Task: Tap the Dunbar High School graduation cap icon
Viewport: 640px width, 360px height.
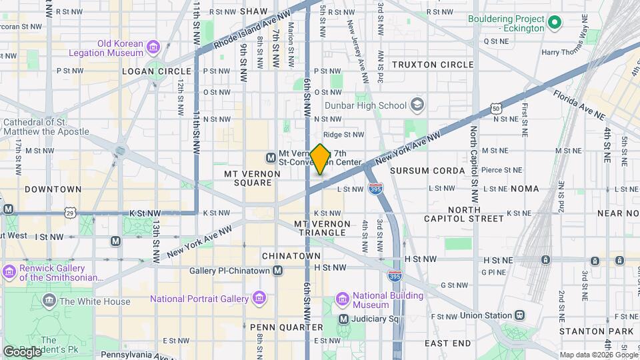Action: point(417,105)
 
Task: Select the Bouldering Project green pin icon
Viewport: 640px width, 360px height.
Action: point(554,25)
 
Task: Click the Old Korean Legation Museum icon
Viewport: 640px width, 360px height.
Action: point(154,48)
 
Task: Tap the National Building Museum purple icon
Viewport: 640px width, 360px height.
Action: point(343,298)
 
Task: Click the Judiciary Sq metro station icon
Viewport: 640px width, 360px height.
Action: point(343,319)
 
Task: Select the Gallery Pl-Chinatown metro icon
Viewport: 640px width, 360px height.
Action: point(278,270)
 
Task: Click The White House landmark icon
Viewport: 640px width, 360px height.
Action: point(49,301)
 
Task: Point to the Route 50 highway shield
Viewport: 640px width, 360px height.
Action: point(495,108)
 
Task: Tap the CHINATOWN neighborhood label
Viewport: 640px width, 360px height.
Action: point(291,256)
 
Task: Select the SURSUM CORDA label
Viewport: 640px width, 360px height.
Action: point(427,171)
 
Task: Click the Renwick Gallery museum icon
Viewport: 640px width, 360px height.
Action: point(9,272)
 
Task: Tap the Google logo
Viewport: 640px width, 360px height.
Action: point(22,351)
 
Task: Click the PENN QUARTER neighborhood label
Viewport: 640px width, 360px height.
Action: point(286,327)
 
